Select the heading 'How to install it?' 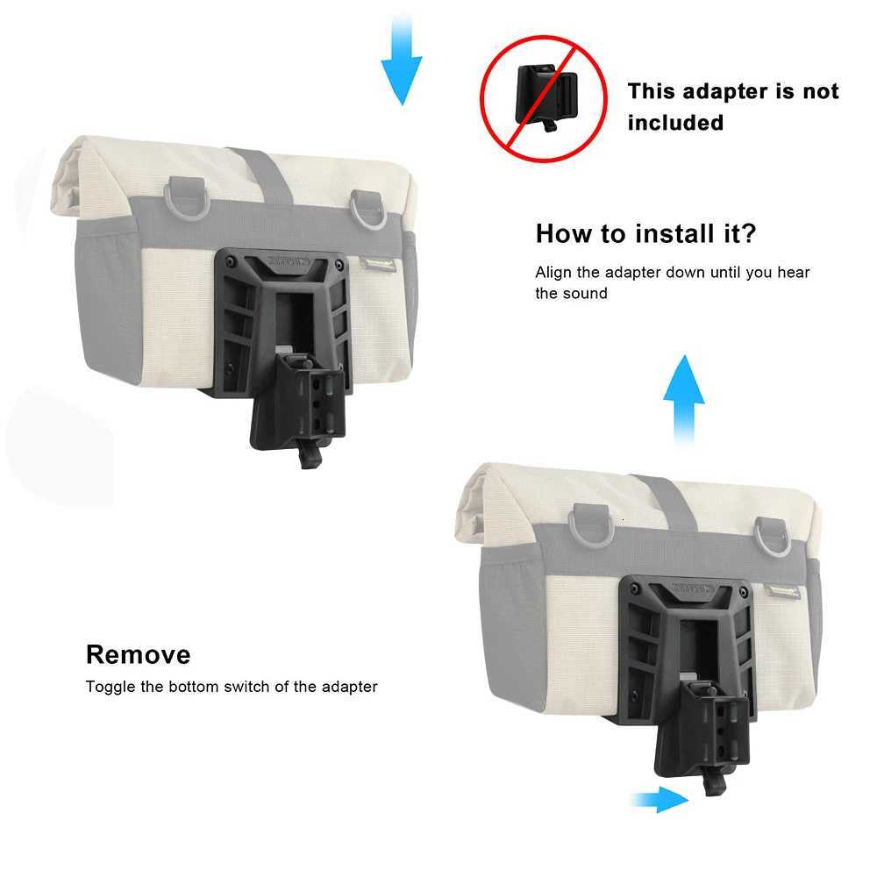click(645, 234)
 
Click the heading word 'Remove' click(138, 654)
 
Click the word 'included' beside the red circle click(675, 123)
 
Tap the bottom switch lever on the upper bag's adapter click(307, 454)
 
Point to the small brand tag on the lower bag click(783, 591)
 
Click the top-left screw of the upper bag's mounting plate click(231, 261)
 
